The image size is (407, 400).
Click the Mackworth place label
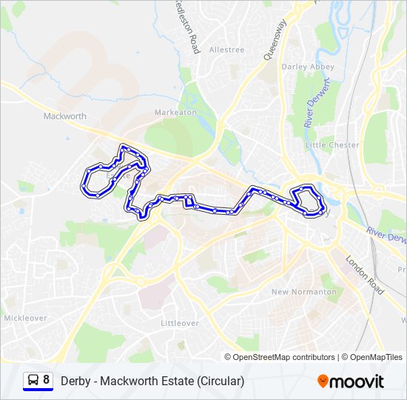coord(65,116)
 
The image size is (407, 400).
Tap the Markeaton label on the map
coord(176,112)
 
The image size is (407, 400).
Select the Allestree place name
coord(226,50)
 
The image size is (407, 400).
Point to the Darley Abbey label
coord(308,67)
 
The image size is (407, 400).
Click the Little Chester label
coord(332,145)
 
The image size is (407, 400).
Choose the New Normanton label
coord(304,292)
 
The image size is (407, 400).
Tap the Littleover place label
coord(180,323)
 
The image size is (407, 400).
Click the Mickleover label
coord(25,318)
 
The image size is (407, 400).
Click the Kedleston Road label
coord(186,27)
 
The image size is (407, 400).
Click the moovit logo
coord(351,381)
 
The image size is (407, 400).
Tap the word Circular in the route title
coord(220,381)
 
